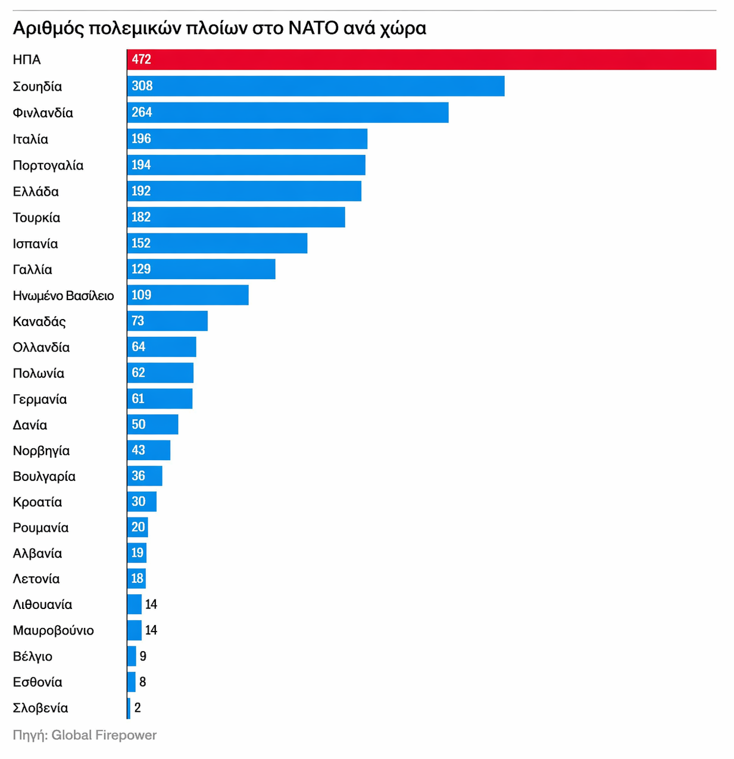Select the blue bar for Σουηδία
pyautogui.click(x=316, y=86)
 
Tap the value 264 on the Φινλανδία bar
pyautogui.click(x=142, y=112)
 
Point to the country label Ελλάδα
pyautogui.click(x=36, y=192)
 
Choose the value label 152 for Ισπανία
pyautogui.click(x=141, y=243)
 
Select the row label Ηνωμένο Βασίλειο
pyautogui.click(x=63, y=296)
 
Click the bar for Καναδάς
pyautogui.click(x=167, y=321)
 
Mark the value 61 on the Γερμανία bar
pyautogui.click(x=138, y=399)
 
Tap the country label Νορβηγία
pyautogui.click(x=41, y=451)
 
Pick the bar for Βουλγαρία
pyautogui.click(x=145, y=476)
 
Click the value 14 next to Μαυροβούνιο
pyautogui.click(x=151, y=630)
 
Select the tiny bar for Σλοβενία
pyautogui.click(x=129, y=708)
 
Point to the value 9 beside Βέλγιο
pyautogui.click(x=143, y=656)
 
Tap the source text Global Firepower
pyautogui.click(x=104, y=735)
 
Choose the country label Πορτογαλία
pyautogui.click(x=48, y=165)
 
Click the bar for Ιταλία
pyautogui.click(x=247, y=139)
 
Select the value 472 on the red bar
pyautogui.click(x=142, y=60)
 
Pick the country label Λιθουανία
pyautogui.click(x=42, y=605)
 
